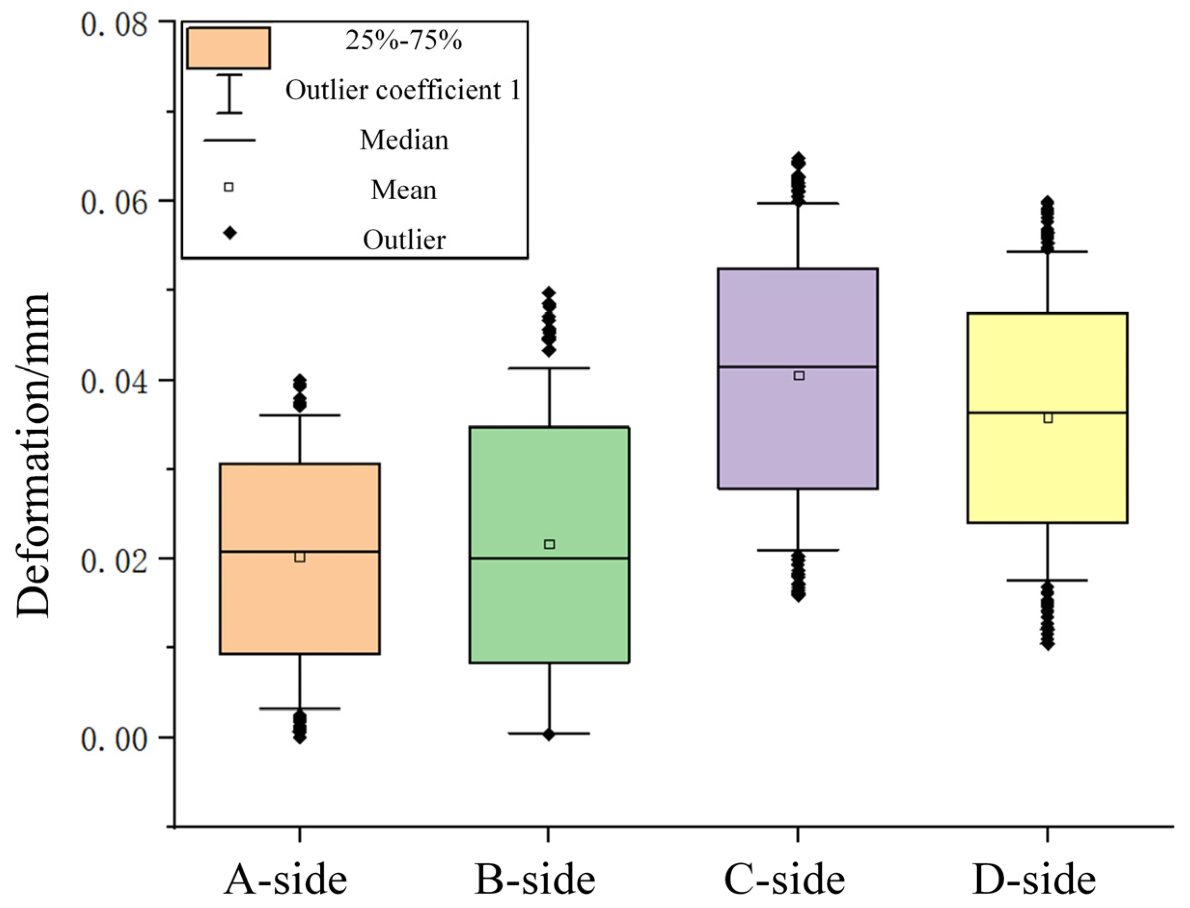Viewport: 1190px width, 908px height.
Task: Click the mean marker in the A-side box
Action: [300, 557]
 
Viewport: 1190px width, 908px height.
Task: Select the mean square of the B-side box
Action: [549, 544]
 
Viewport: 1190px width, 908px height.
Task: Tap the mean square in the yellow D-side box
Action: [1048, 418]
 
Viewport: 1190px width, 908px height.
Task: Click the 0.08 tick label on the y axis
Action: [114, 25]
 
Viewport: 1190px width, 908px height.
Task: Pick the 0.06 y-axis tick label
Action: [114, 204]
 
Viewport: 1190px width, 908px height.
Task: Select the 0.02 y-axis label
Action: [114, 561]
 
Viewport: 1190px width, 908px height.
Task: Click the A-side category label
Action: [286, 880]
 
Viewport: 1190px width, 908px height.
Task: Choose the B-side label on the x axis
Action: [535, 880]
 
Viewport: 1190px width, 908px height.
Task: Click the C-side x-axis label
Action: [784, 880]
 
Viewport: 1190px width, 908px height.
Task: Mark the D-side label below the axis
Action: [1034, 880]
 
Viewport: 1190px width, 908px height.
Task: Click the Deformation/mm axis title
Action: [33, 455]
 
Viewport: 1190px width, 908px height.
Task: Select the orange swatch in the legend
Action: [229, 48]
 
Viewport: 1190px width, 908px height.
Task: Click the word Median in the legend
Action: [404, 140]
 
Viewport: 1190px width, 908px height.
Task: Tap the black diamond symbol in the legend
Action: [230, 233]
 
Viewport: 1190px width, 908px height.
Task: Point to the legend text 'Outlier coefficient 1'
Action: [403, 90]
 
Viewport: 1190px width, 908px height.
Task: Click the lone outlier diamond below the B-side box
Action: [549, 734]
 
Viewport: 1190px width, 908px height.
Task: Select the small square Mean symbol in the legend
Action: [229, 187]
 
